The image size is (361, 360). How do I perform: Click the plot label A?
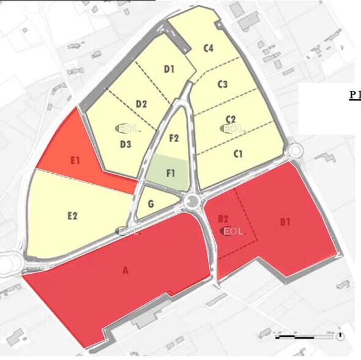pos(126,271)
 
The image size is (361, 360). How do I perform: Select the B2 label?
pos(223,219)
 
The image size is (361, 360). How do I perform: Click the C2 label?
pos(231,119)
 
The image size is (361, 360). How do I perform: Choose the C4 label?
pos(208,48)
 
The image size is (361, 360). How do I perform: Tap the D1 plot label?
pos(169,69)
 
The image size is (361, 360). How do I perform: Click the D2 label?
pos(141,103)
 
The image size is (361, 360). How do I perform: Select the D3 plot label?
pos(125,144)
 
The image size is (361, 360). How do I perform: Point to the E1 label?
pos(76,161)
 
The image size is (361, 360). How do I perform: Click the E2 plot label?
pos(72,216)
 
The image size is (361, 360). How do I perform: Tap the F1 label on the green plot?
pos(171,173)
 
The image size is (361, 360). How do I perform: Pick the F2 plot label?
pos(174,138)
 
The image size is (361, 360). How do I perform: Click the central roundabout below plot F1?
pos(195,201)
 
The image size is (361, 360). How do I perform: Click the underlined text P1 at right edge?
pos(355,95)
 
